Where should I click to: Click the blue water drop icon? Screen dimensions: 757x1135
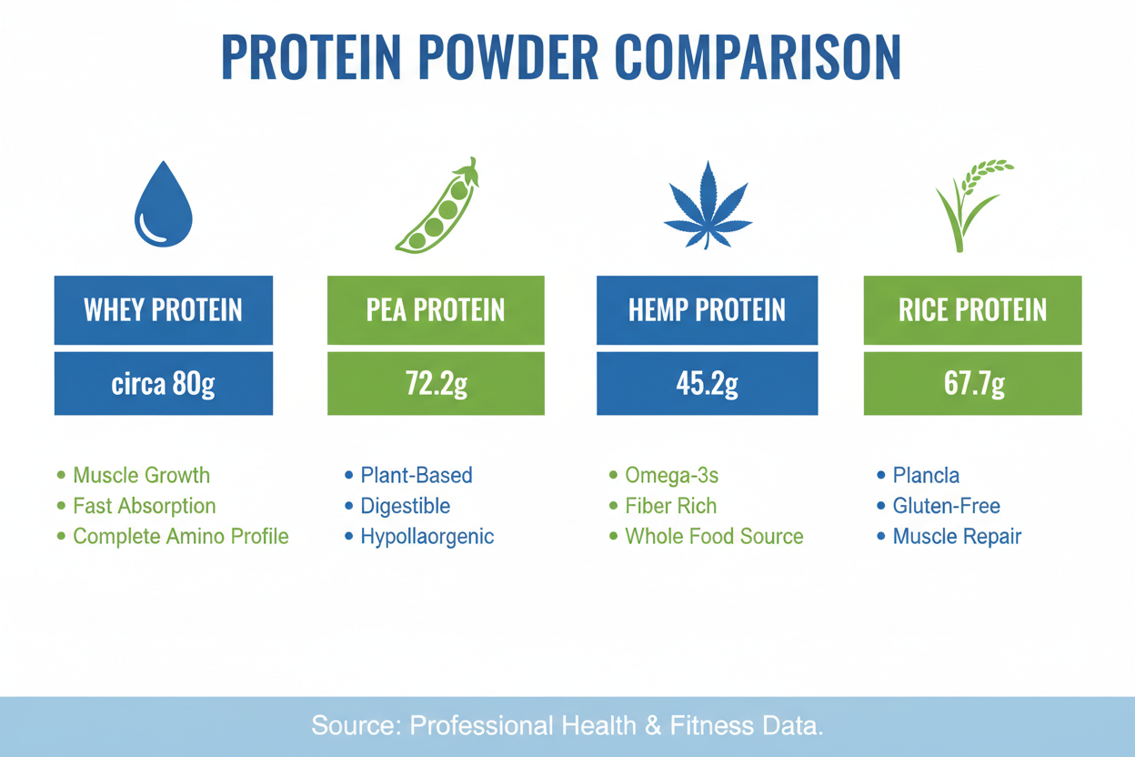[164, 206]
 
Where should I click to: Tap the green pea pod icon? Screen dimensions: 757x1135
[437, 207]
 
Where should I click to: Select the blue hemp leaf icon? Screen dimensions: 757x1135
[707, 206]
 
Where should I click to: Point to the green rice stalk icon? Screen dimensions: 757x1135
[971, 206]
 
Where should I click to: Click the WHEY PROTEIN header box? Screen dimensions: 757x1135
[164, 310]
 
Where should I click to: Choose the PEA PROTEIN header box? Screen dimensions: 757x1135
[436, 310]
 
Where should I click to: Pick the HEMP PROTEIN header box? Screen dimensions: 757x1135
[707, 310]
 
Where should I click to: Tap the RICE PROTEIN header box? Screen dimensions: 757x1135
[972, 310]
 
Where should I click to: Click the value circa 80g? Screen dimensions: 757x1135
[164, 384]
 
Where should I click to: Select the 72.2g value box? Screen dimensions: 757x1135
[436, 384]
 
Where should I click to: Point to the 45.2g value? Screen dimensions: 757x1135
[707, 384]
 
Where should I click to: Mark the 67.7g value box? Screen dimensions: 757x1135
[972, 384]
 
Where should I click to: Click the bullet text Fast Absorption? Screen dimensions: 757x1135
[144, 506]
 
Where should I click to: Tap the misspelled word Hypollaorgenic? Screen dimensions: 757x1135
[427, 536]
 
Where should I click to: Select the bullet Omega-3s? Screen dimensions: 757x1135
[665, 475]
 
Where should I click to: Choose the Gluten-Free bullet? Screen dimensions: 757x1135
[946, 506]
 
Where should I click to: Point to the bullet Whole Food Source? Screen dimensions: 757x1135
[714, 536]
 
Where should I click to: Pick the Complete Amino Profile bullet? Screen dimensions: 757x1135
[180, 536]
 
